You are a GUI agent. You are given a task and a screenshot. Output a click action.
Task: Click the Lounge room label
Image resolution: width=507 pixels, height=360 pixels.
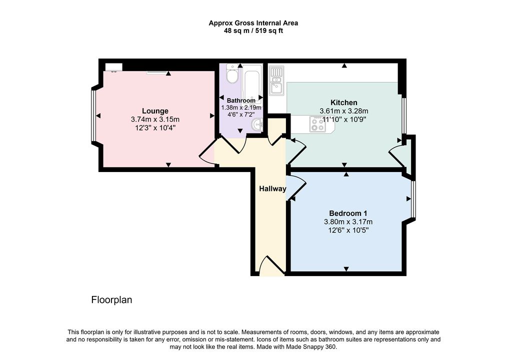[155, 111]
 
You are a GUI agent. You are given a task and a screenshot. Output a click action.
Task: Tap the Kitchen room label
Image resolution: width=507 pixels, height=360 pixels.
[343, 102]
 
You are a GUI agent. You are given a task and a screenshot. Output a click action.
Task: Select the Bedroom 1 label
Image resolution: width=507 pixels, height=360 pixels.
[348, 213]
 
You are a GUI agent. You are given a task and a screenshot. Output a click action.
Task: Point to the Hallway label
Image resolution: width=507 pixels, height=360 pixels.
[272, 189]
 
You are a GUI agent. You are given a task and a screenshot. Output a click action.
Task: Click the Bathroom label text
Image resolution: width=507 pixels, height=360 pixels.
[241, 100]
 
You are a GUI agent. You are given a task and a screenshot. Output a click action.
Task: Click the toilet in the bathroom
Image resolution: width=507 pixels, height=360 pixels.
[232, 73]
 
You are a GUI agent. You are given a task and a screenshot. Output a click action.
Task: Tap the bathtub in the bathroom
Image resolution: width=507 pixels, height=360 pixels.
[251, 84]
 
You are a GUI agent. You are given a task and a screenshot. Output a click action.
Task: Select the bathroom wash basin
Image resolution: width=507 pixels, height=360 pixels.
[257, 124]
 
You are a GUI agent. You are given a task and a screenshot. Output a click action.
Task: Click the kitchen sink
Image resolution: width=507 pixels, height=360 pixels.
[276, 81]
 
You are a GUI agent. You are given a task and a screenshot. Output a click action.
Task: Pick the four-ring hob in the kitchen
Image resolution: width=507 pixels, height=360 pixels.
[317, 124]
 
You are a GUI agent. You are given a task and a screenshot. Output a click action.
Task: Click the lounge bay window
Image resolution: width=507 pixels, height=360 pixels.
[93, 115]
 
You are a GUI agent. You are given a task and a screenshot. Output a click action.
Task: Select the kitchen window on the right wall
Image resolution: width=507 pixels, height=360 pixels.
[404, 115]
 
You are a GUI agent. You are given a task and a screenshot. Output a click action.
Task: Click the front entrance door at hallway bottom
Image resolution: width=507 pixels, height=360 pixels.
[272, 264]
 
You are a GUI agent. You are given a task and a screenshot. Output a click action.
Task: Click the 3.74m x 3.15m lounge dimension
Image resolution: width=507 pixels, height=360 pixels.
[155, 119]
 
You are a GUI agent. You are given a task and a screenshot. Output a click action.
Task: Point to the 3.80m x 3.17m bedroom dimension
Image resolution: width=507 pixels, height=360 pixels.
[348, 222]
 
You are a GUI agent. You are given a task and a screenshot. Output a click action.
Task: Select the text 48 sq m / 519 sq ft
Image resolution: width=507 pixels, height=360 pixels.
[253, 31]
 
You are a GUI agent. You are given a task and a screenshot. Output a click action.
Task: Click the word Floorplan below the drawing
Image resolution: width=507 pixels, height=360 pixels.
[111, 300]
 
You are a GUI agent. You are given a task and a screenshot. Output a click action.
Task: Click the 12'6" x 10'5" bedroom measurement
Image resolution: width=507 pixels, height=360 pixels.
[348, 230]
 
